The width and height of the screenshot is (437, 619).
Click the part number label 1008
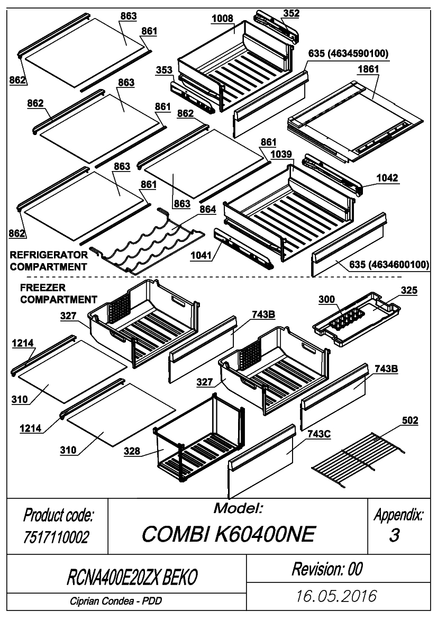222,19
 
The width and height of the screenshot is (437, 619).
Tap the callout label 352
291,13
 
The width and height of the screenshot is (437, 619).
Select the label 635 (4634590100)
348,53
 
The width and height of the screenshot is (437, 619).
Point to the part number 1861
368,69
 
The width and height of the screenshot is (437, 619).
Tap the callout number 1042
387,178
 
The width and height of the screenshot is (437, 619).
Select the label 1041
201,255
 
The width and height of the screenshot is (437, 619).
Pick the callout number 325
409,290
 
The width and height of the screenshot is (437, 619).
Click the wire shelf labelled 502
358,457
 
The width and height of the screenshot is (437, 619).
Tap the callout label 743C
318,434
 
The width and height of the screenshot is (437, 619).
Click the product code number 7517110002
56,537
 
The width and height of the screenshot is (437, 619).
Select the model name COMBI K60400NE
229,534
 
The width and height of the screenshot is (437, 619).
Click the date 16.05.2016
336,596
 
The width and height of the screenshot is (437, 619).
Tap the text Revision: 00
327,569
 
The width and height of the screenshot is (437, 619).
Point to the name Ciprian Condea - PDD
115,601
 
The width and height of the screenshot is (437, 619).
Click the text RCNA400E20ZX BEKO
132,577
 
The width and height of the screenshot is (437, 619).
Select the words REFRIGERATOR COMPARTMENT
49,261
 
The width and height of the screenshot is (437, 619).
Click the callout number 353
164,70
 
